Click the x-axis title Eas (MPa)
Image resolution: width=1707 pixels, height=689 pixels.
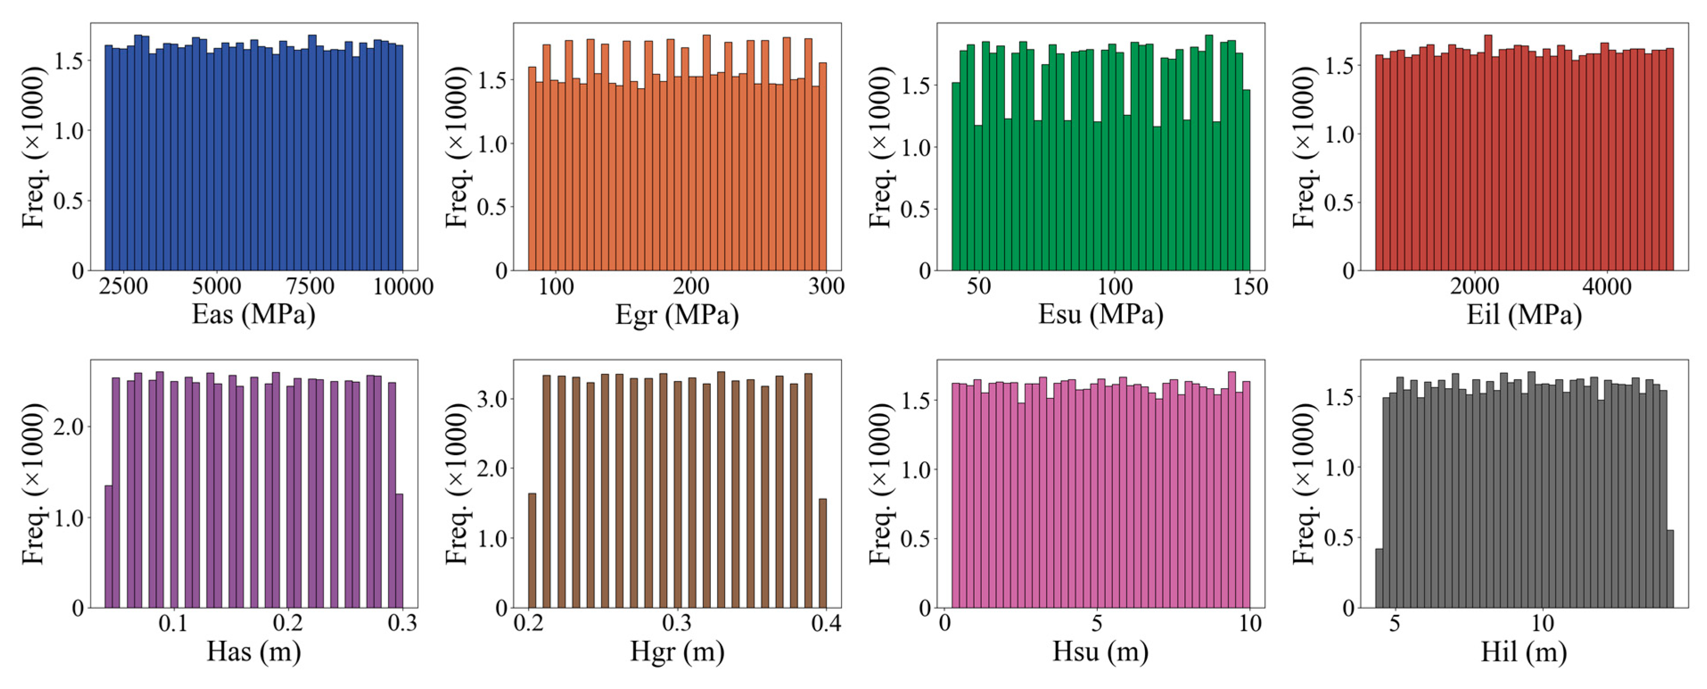click(x=253, y=314)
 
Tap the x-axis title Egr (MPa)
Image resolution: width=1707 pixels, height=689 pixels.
click(x=677, y=314)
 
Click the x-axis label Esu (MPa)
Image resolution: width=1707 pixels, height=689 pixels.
click(x=1100, y=314)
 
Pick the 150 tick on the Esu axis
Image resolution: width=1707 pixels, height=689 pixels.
click(x=1250, y=286)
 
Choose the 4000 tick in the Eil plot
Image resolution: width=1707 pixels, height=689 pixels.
click(x=1606, y=286)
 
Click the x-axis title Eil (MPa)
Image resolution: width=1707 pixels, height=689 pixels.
click(x=1523, y=314)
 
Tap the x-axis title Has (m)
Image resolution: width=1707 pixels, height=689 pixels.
click(x=253, y=652)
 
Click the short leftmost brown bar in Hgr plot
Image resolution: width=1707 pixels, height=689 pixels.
click(x=532, y=550)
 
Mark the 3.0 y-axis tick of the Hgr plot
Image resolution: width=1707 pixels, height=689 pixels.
click(x=492, y=399)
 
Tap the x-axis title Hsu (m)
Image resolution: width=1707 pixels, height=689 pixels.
click(x=1100, y=652)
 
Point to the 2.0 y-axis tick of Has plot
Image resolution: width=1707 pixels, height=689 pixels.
click(x=68, y=427)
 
